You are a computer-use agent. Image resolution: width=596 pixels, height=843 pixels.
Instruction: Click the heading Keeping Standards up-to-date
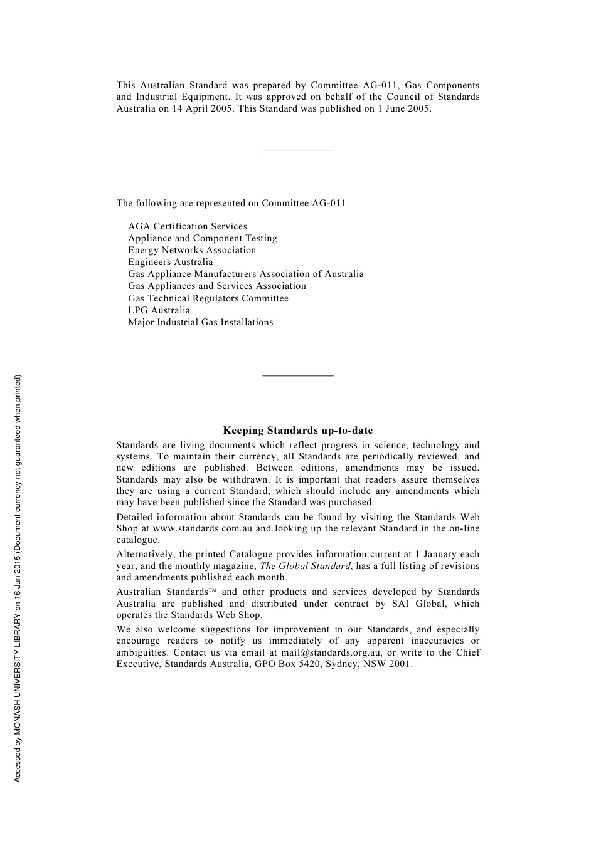pyautogui.click(x=297, y=431)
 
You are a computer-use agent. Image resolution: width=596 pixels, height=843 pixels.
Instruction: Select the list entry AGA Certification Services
pyautogui.click(x=188, y=226)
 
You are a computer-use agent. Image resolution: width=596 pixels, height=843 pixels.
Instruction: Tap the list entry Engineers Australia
pyautogui.click(x=170, y=262)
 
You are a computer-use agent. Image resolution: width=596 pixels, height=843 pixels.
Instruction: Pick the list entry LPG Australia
pyautogui.click(x=159, y=310)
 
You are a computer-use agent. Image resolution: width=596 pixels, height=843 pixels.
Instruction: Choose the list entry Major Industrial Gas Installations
pyautogui.click(x=201, y=322)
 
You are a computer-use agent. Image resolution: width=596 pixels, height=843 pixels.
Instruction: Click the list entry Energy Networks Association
pyautogui.click(x=192, y=250)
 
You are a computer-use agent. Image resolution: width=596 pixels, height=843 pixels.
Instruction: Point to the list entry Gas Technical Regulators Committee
pyautogui.click(x=208, y=298)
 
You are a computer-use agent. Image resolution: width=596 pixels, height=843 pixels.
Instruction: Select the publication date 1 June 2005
pyautogui.click(x=403, y=108)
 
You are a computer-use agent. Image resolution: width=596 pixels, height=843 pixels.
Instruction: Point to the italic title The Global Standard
pyautogui.click(x=306, y=566)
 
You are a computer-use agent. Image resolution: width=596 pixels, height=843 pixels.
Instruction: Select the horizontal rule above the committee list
pyautogui.click(x=297, y=150)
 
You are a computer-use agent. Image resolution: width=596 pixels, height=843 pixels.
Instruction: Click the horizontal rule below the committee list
pyautogui.click(x=297, y=375)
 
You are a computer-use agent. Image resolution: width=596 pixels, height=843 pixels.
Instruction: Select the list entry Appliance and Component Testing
pyautogui.click(x=203, y=238)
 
